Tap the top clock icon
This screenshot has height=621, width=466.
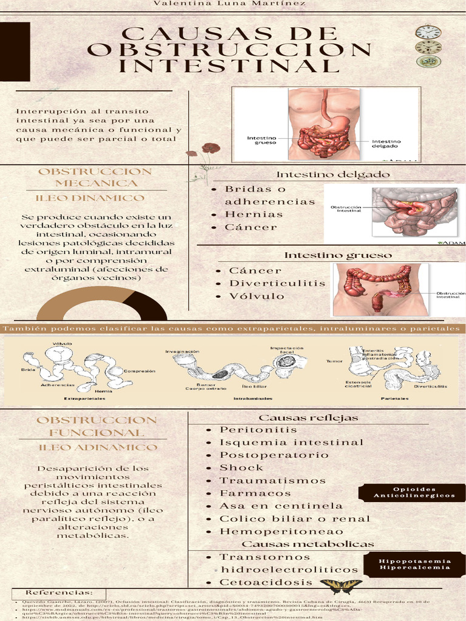tap(428, 32)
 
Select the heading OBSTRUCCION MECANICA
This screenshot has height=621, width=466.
tap(95, 177)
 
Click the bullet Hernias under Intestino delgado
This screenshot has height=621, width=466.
tap(254, 214)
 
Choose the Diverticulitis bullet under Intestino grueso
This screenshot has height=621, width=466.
tap(277, 283)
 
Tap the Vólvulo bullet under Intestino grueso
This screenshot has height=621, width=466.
tap(257, 296)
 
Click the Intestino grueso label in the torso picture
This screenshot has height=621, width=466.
tap(262, 140)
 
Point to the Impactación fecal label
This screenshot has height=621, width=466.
tap(283, 351)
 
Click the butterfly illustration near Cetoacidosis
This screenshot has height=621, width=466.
tap(341, 586)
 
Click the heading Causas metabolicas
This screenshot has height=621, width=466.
tap(308, 544)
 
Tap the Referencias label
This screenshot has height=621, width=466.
tap(59, 592)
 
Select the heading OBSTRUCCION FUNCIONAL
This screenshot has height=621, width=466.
tap(97, 426)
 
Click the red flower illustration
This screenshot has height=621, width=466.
tap(210, 148)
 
